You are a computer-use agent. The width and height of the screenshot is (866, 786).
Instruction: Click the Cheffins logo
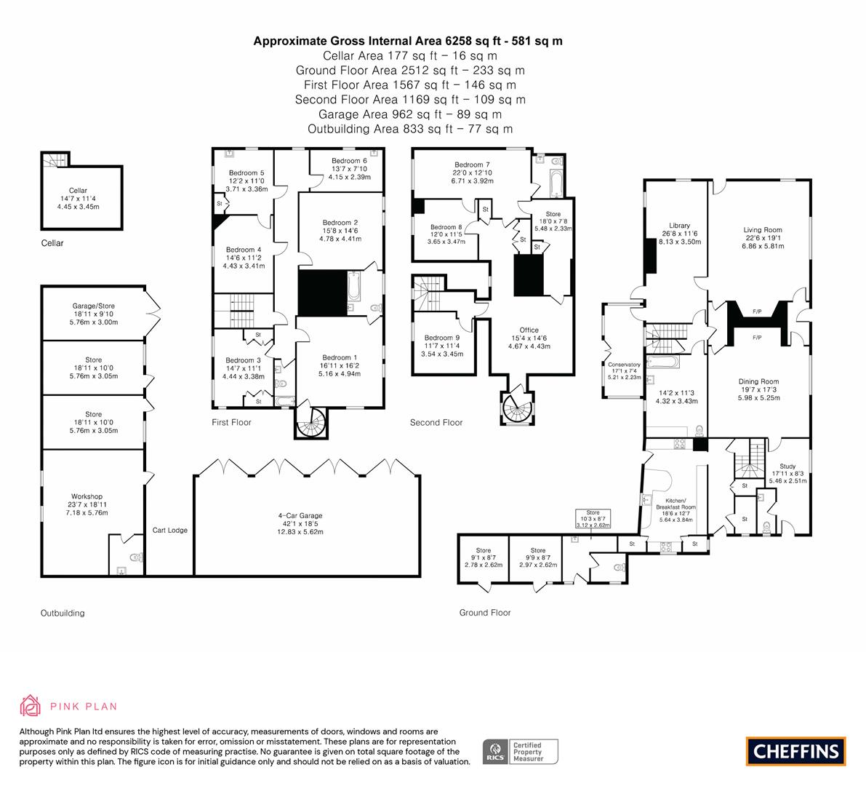[x=795, y=751]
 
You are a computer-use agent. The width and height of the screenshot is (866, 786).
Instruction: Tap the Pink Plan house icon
[x=30, y=705]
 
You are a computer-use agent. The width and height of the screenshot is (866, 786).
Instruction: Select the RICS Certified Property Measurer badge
[x=521, y=752]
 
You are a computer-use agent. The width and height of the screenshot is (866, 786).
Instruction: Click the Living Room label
[x=763, y=230]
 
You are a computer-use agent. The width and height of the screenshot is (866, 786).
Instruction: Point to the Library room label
[x=679, y=226]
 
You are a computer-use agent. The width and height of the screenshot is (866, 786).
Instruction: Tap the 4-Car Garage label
[x=300, y=516]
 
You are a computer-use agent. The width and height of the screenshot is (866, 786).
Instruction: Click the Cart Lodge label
[x=170, y=530]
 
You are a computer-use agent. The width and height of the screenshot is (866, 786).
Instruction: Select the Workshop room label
[x=87, y=496]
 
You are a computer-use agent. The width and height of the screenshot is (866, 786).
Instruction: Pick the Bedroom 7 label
[x=472, y=164]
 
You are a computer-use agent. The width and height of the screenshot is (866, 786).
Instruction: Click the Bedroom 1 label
[x=340, y=357]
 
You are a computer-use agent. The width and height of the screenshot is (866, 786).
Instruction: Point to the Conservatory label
[x=624, y=365]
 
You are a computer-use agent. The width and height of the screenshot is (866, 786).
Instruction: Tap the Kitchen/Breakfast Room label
[x=676, y=504]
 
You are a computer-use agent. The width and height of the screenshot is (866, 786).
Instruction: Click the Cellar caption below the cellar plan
[x=52, y=243]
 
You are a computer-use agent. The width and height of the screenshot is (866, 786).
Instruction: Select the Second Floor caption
[x=436, y=422]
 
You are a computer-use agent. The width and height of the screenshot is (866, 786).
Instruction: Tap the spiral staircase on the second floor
[x=518, y=408]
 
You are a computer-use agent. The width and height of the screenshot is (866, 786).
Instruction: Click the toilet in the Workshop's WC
[x=137, y=557]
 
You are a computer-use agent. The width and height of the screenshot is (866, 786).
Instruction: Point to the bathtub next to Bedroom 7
[x=555, y=184]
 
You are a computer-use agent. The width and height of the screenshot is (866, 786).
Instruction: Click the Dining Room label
[x=759, y=381]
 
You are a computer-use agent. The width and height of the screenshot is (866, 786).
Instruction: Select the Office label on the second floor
[x=529, y=330]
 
